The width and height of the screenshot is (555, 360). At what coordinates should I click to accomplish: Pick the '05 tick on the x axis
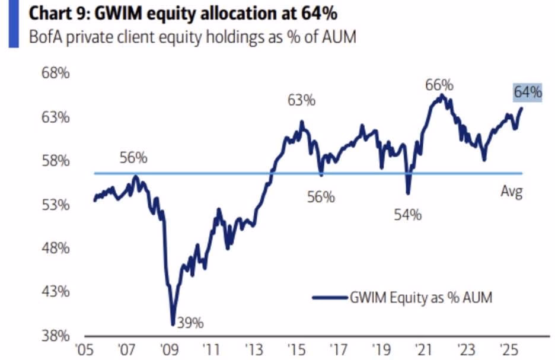point(87,346)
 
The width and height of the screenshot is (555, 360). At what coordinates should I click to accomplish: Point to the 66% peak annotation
point(439,85)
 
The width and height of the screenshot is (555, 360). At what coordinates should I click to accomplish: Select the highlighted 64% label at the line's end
point(528,93)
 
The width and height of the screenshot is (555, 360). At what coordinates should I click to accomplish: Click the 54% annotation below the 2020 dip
point(407,215)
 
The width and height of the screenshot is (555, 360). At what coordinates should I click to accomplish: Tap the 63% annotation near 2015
point(301,101)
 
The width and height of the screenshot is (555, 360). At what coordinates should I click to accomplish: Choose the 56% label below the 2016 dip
point(321,197)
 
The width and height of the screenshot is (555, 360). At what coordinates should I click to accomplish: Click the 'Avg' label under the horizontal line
point(511,192)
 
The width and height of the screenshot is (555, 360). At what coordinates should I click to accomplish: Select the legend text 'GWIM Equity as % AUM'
point(420,298)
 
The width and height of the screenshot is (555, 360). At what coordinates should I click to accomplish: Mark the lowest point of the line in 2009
point(173,324)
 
